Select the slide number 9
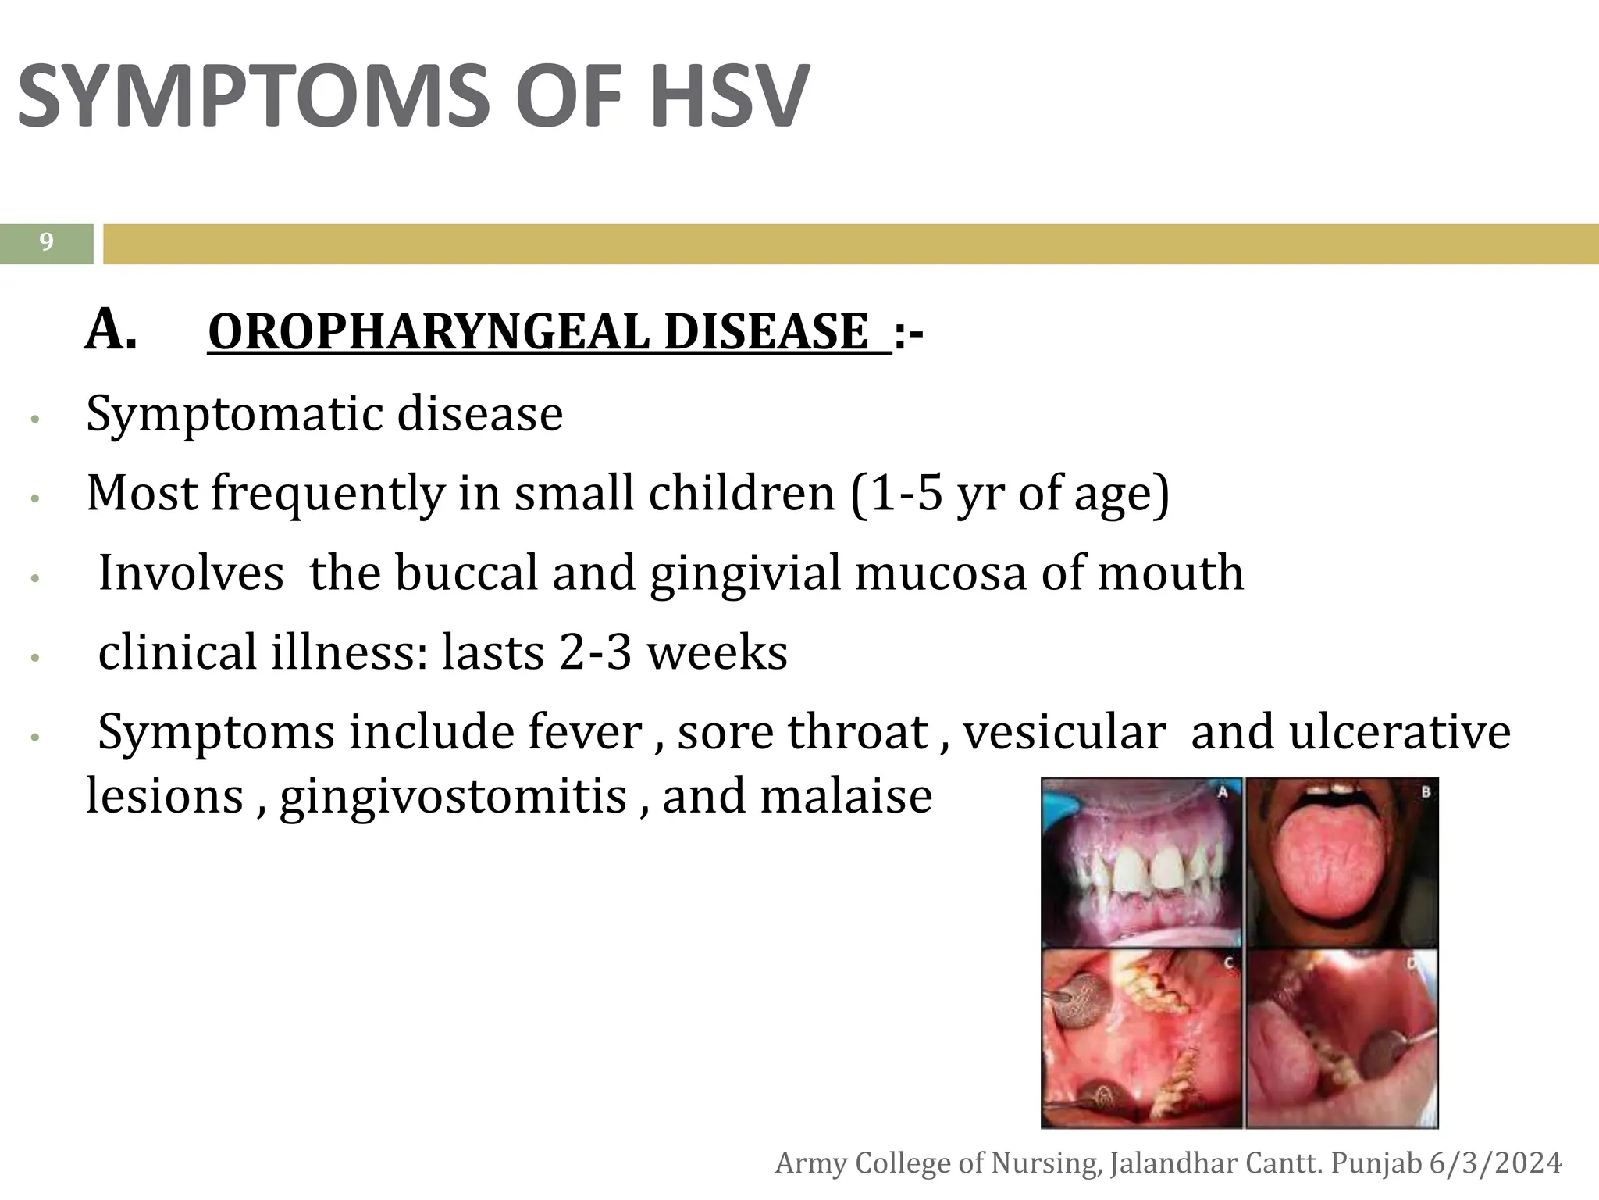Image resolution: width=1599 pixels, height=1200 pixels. pyautogui.click(x=47, y=243)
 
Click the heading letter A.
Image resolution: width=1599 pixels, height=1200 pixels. pyautogui.click(x=110, y=330)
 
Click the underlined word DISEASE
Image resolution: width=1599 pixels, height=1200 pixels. pyautogui.click(x=767, y=332)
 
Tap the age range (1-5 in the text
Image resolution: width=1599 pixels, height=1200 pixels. pyautogui.click(x=898, y=494)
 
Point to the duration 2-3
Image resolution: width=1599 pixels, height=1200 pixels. pyautogui.click(x=595, y=653)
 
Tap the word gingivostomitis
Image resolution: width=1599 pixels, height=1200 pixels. pyautogui.click(x=453, y=797)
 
